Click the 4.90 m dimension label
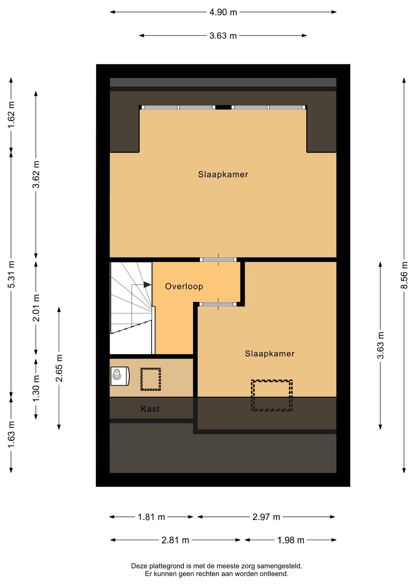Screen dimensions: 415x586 [223, 12]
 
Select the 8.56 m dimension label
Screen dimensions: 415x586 [404, 275]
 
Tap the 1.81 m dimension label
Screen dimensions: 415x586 [151, 517]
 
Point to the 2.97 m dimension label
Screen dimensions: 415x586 [266, 517]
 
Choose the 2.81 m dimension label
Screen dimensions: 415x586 [175, 540]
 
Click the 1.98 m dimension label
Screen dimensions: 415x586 [291, 540]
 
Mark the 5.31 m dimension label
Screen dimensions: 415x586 [11, 274]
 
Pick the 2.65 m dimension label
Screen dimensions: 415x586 [59, 368]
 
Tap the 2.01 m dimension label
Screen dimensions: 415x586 [36, 308]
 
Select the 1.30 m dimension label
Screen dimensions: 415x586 [36, 389]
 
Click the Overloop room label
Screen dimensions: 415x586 [184, 286]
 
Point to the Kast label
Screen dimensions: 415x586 [150, 409]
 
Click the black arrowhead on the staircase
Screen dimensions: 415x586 [147, 284]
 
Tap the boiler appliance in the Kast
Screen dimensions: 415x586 [120, 376]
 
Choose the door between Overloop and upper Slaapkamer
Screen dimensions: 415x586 [218, 260]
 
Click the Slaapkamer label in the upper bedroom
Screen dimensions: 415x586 [223, 175]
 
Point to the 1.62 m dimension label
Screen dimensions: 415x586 [11, 115]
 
